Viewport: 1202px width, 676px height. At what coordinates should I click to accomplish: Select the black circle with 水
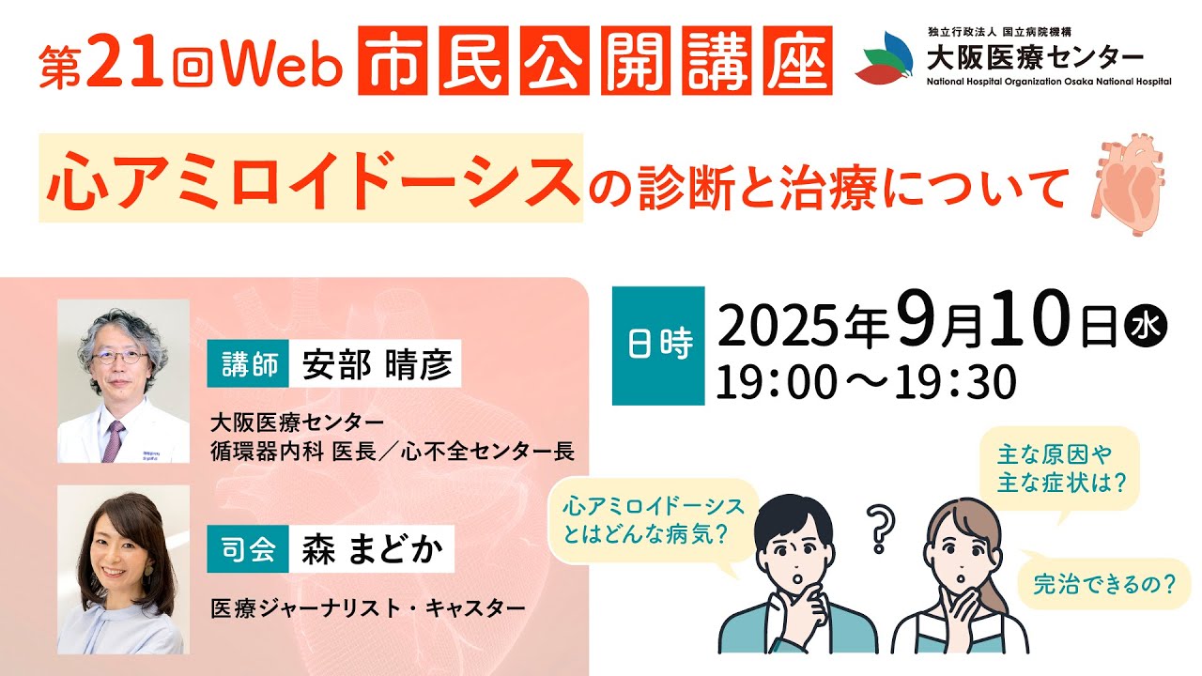click(x=1146, y=329)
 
